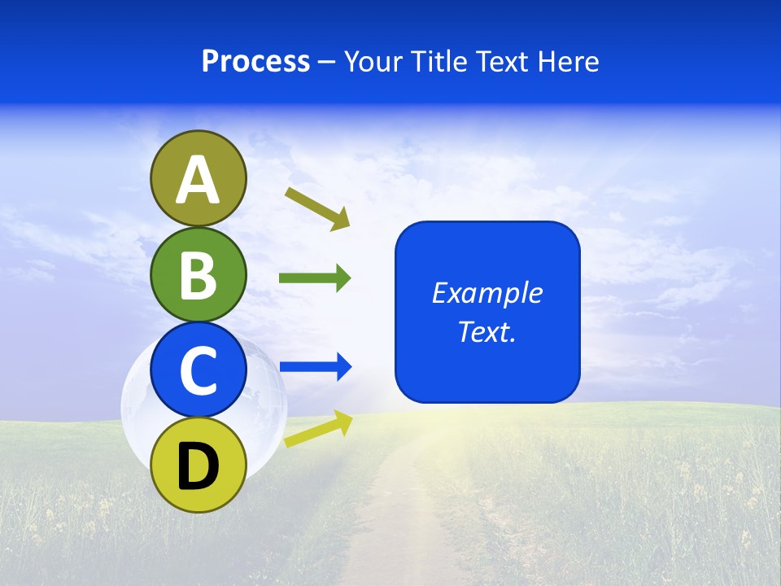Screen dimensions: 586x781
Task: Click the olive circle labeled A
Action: pos(198,178)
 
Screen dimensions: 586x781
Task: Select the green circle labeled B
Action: pos(198,274)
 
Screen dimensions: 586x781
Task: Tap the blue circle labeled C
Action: pos(198,370)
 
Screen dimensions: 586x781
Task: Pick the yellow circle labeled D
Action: pos(198,465)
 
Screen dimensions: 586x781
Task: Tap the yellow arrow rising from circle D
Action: pos(317,429)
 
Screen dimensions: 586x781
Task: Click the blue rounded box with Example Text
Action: pos(487,312)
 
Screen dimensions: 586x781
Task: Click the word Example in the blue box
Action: pos(487,293)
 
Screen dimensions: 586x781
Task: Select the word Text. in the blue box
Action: pos(487,331)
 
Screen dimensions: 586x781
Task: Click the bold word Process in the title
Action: pos(255,61)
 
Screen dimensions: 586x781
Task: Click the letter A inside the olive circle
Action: pos(198,180)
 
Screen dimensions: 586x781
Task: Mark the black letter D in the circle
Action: pos(198,466)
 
